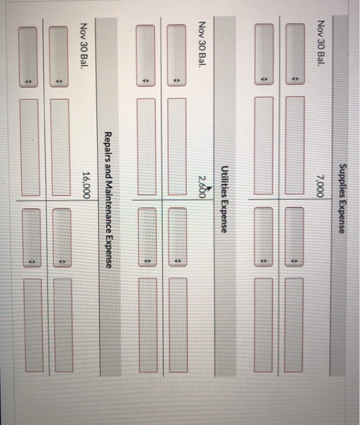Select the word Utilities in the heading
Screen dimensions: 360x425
224,181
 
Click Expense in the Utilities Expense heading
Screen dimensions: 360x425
224,216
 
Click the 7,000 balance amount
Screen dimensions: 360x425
320,186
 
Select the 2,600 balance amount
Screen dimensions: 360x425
203,187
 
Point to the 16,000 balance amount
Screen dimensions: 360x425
86,185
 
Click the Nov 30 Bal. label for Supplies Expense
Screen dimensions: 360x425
320,43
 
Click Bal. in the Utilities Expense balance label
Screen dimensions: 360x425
203,59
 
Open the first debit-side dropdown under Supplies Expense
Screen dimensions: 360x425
295,54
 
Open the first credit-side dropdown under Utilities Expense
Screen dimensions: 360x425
177,237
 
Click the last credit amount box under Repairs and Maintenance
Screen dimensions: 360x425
34,325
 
